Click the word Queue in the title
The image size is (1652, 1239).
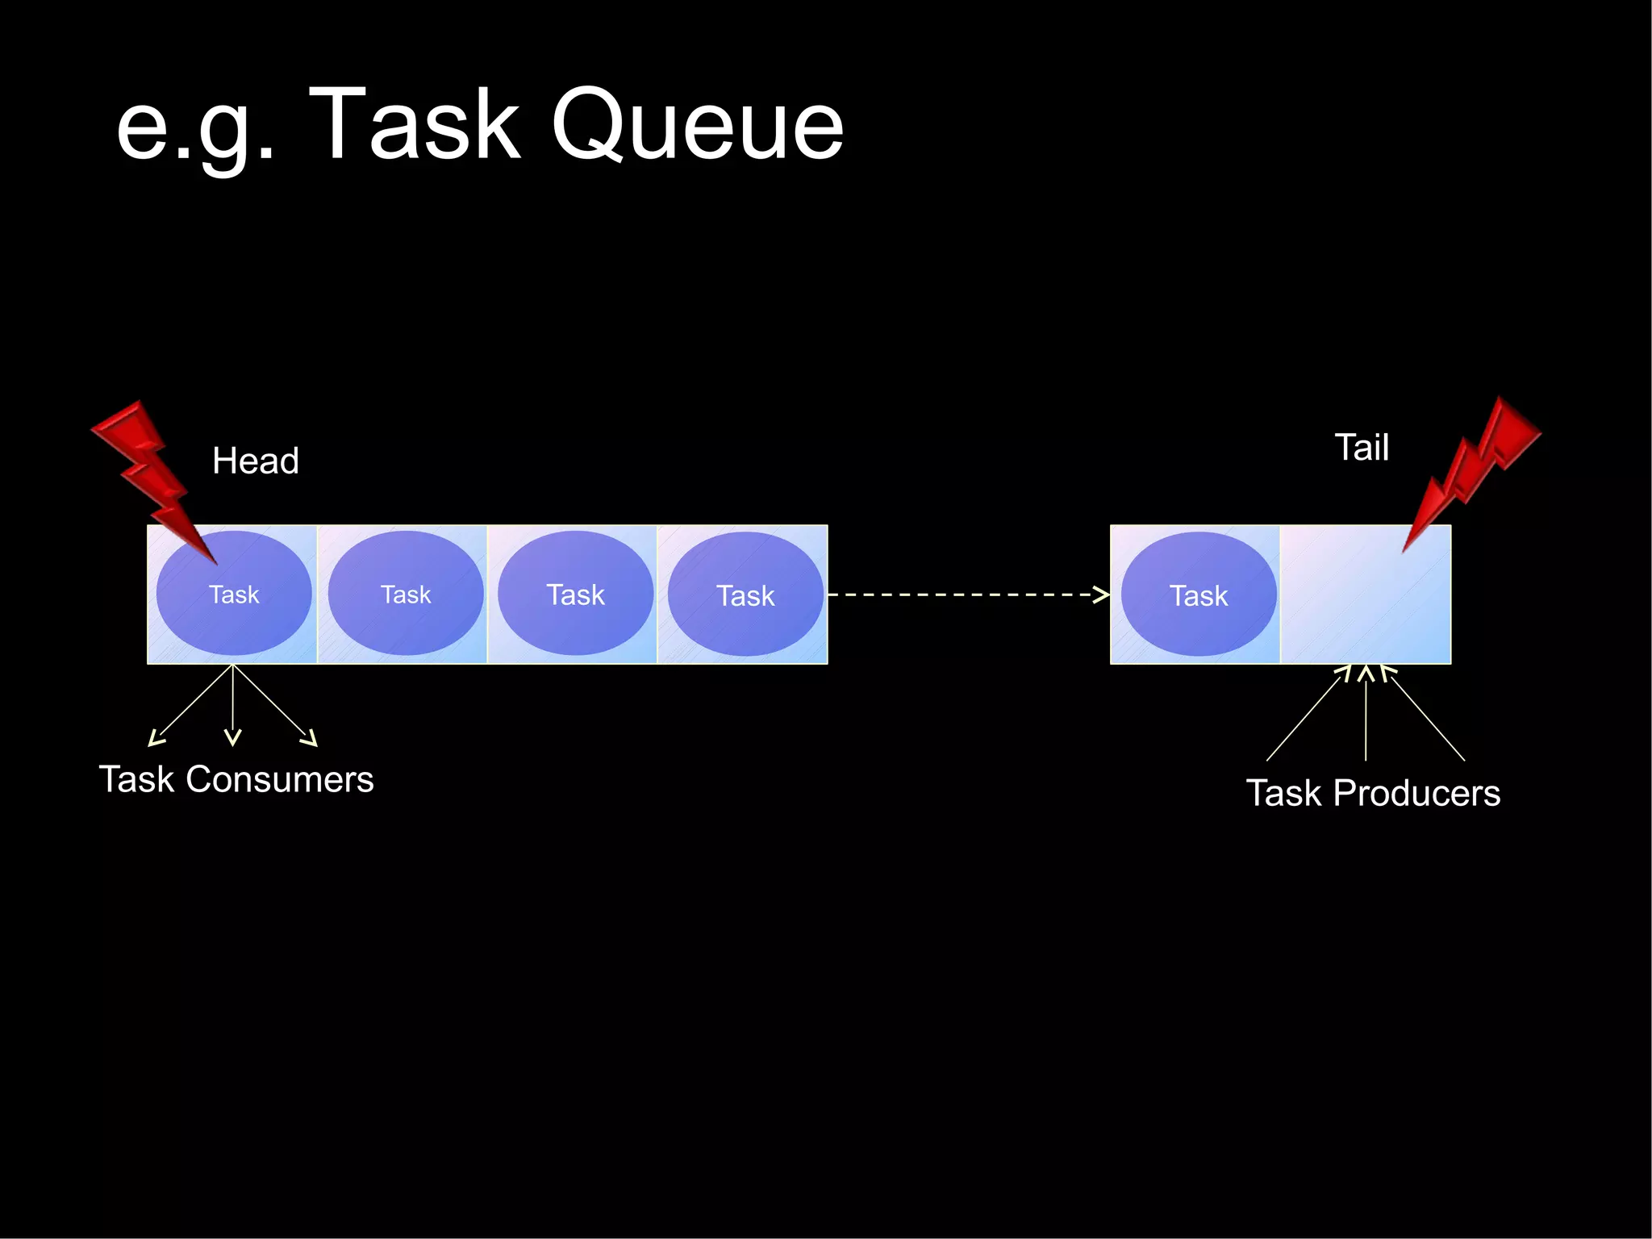click(698, 125)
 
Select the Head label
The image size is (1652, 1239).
click(255, 461)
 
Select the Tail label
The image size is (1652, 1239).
click(1362, 448)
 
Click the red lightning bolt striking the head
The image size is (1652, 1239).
click(149, 476)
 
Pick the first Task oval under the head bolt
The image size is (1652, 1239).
click(234, 594)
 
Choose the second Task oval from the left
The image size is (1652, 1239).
click(406, 594)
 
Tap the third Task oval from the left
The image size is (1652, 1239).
click(575, 594)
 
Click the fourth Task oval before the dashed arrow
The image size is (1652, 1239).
click(745, 595)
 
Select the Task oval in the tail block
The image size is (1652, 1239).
click(1199, 595)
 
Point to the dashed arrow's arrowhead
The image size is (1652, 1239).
click(1101, 594)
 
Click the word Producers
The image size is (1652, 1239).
click(1416, 794)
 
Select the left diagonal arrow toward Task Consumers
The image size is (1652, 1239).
click(190, 707)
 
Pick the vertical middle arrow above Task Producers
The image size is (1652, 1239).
click(1366, 714)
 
